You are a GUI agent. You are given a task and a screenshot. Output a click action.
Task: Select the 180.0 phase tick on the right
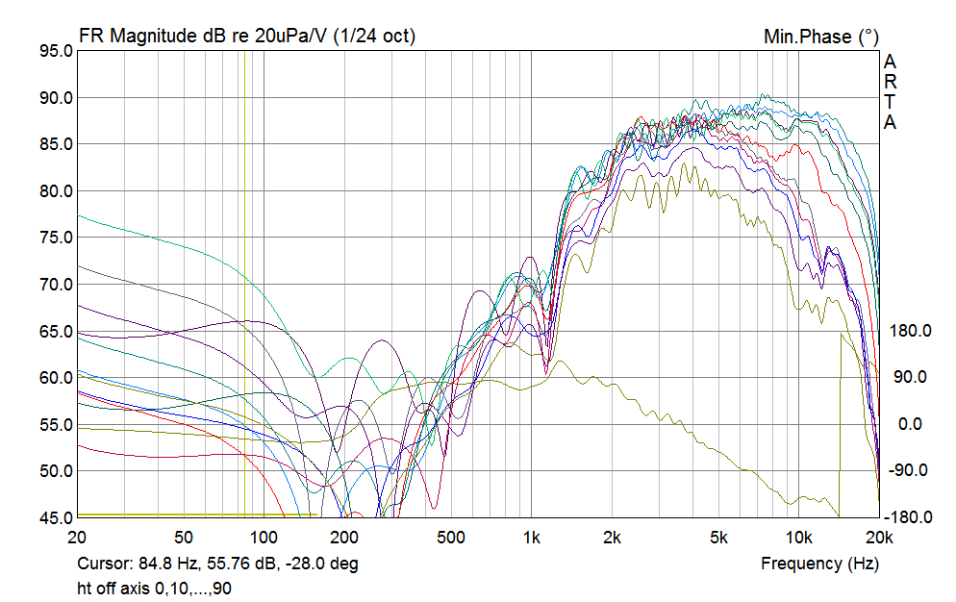tap(909, 331)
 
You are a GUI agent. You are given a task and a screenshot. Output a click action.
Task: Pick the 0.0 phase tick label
tap(909, 424)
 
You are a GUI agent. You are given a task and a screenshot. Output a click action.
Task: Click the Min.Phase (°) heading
tap(820, 37)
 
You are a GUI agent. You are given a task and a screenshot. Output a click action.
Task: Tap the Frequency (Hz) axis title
tap(819, 564)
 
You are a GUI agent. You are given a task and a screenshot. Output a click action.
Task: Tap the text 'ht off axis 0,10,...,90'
tap(154, 587)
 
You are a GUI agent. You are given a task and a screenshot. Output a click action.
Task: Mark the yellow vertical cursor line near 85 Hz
tap(244, 288)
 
